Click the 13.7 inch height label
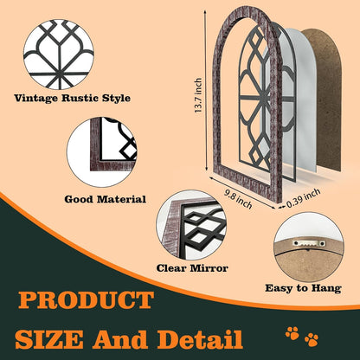coord(198,95)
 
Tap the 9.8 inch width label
coord(239,199)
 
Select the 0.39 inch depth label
coord(304,198)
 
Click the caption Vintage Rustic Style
coord(72,98)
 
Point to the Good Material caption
coord(106,199)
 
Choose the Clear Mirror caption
coord(192,268)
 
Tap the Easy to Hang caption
coord(303,288)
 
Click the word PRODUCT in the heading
coord(86,300)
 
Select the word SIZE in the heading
coord(49,339)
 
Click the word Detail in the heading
coord(200,339)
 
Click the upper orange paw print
coord(292,333)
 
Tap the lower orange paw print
coord(312,339)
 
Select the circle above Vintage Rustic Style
coord(59,55)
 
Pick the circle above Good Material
coord(102,152)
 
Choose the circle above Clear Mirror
coord(191,225)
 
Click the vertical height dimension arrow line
coord(206,93)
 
